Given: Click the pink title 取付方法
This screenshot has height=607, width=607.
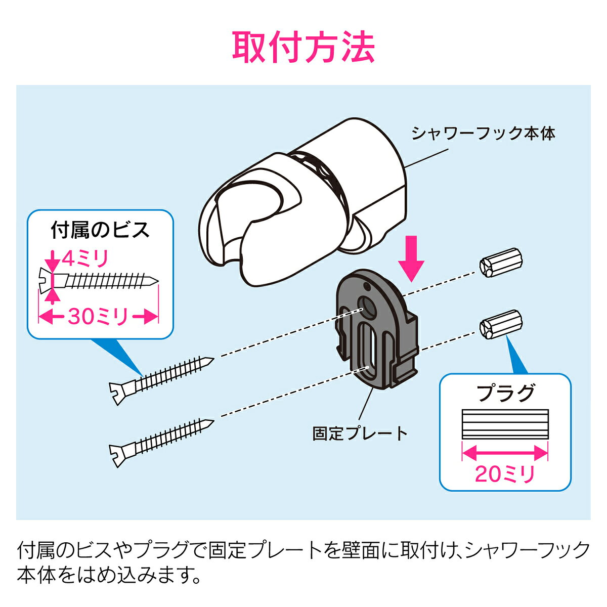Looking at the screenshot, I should [303, 48].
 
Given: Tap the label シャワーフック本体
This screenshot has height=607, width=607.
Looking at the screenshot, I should [483, 134].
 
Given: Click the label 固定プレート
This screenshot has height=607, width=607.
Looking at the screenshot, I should [360, 433].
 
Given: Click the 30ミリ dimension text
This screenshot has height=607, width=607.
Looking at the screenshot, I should [99, 317].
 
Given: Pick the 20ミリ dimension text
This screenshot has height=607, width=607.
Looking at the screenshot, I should [505, 474].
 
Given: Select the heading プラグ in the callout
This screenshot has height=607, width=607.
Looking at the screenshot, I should [505, 393].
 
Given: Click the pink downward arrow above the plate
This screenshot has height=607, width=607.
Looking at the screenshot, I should [413, 263].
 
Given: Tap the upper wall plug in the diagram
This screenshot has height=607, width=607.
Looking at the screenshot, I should [499, 263].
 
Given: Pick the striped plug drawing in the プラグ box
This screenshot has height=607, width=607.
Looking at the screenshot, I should [505, 423].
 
